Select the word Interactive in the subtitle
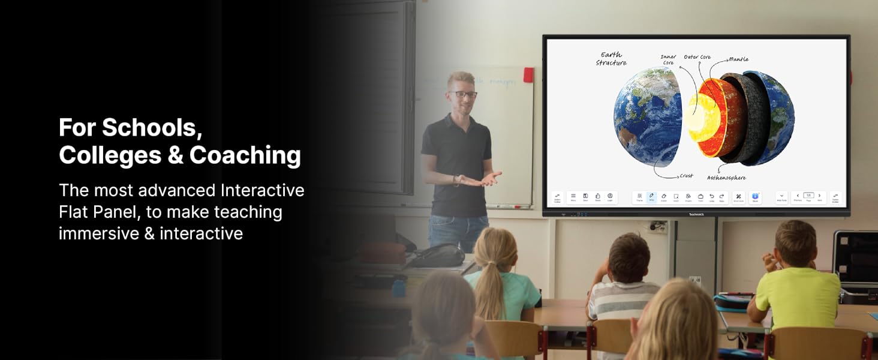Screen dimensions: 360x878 pyautogui.click(x=262, y=191)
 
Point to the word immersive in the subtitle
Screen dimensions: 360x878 pyautogui.click(x=99, y=233)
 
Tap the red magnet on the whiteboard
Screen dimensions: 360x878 pyautogui.click(x=528, y=75)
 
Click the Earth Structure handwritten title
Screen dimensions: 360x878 pyautogui.click(x=611, y=59)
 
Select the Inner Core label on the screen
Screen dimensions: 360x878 pyautogui.click(x=669, y=60)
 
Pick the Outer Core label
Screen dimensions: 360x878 pyautogui.click(x=697, y=58)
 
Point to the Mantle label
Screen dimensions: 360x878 pyautogui.click(x=738, y=59)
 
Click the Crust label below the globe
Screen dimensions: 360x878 pyautogui.click(x=686, y=176)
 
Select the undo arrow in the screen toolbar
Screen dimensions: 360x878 pyautogui.click(x=712, y=197)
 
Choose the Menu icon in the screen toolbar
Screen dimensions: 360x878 pyautogui.click(x=573, y=197)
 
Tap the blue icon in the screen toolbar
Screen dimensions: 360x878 pyautogui.click(x=756, y=197)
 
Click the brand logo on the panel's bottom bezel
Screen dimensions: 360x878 pyautogui.click(x=696, y=214)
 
